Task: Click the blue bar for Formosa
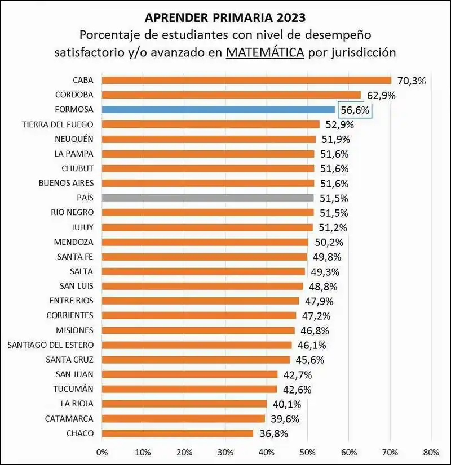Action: click(x=218, y=109)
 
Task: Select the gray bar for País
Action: click(x=207, y=198)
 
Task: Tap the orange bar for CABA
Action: click(x=246, y=80)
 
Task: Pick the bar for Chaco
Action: click(x=178, y=433)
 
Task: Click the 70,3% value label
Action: click(x=411, y=81)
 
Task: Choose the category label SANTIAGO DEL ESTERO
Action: click(x=50, y=345)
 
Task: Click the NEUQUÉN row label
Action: click(x=74, y=138)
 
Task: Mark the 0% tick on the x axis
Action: click(x=102, y=452)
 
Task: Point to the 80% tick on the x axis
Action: click(x=431, y=452)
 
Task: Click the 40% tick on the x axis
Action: click(x=266, y=452)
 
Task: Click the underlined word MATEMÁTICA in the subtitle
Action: click(x=265, y=52)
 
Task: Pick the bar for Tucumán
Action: click(x=189, y=389)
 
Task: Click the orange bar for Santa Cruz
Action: click(x=196, y=359)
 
